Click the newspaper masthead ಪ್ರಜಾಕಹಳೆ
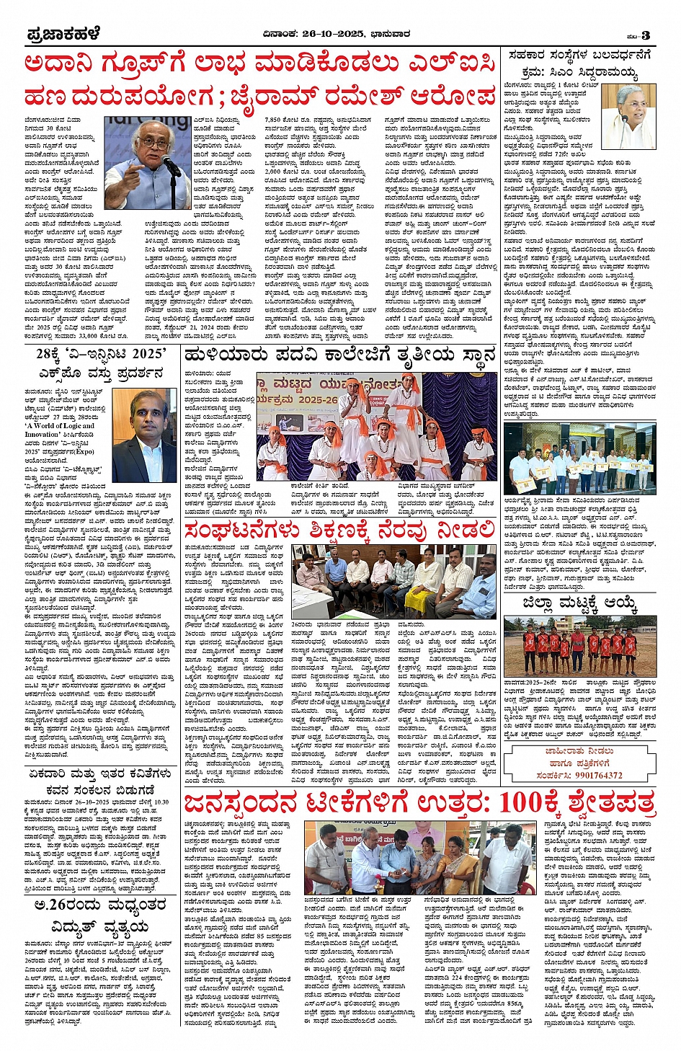click(63, 34)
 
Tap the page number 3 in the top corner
click(646, 35)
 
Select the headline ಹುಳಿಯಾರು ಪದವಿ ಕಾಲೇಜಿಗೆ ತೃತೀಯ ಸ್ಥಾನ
click(339, 355)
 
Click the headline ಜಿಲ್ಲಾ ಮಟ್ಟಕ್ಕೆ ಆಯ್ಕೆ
click(580, 604)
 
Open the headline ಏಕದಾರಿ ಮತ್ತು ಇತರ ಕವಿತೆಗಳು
click(99, 774)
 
